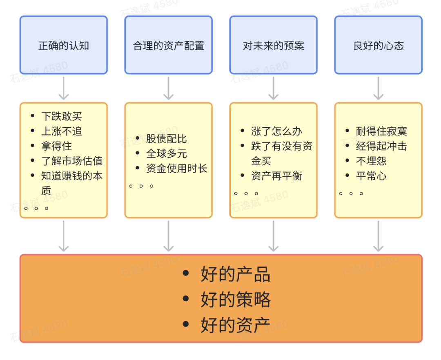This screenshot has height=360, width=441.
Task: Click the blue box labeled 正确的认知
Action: coord(64,45)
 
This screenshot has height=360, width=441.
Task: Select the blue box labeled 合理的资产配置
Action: coord(169,45)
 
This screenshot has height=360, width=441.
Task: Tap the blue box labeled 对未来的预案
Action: coord(274,45)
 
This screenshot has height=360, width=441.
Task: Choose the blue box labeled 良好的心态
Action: coord(379,45)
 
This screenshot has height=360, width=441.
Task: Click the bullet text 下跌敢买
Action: coord(62,116)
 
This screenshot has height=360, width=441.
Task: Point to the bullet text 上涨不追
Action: coord(62,131)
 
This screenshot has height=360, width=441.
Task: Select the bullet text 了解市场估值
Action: coord(72,161)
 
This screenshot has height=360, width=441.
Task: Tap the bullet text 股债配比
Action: coord(167,139)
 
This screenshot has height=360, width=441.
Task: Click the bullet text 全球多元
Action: coord(167,153)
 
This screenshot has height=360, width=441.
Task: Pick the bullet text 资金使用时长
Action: coord(177,168)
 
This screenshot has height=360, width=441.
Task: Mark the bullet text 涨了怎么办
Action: coord(276,131)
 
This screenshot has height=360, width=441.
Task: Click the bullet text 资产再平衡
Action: coord(276,176)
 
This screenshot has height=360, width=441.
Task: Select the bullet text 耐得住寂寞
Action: coord(381,131)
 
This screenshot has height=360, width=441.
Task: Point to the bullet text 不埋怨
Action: coord(371,161)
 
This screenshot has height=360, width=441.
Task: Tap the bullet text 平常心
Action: coord(371,176)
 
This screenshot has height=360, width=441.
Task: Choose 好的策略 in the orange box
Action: coord(236,300)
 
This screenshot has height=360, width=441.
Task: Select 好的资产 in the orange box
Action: coord(236,325)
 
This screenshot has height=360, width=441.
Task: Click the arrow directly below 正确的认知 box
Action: coord(64,88)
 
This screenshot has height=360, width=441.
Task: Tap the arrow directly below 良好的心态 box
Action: coord(379,88)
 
